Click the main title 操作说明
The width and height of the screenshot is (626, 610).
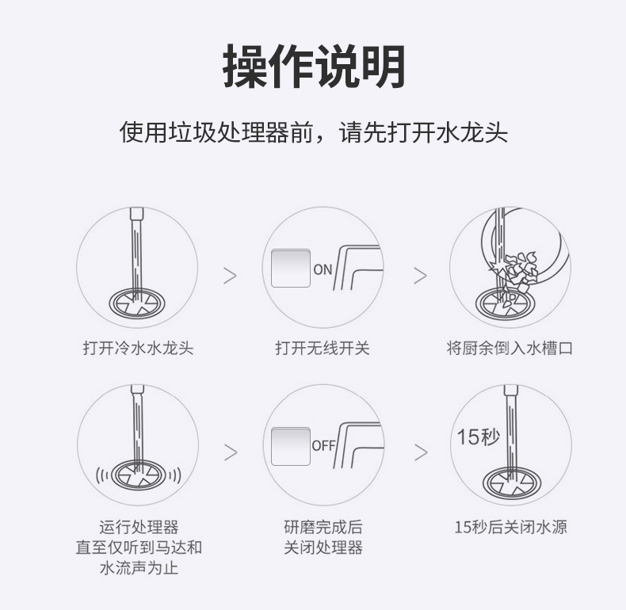tap(315, 67)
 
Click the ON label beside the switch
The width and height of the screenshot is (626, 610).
tap(323, 270)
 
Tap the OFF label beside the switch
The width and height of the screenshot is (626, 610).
tap(323, 445)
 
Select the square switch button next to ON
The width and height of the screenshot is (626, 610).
tap(291, 269)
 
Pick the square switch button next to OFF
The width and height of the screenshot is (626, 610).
tap(291, 446)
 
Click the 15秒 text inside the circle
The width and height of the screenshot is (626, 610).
tap(479, 437)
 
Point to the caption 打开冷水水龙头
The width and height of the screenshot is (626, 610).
tap(138, 348)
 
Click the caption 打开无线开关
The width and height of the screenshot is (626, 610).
tap(323, 348)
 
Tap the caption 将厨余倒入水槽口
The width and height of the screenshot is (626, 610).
tap(510, 348)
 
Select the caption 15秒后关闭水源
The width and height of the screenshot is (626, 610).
tap(510, 527)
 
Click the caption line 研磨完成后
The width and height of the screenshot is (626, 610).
tap(323, 527)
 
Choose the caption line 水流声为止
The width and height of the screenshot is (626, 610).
tap(139, 568)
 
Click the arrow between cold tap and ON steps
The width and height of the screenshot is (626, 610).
tap(230, 276)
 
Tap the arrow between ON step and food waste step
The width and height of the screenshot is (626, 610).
tap(420, 276)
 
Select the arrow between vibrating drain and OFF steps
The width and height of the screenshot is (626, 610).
tap(231, 452)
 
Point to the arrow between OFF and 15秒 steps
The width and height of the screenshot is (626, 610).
tap(421, 452)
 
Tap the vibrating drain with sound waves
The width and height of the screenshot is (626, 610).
tap(138, 475)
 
